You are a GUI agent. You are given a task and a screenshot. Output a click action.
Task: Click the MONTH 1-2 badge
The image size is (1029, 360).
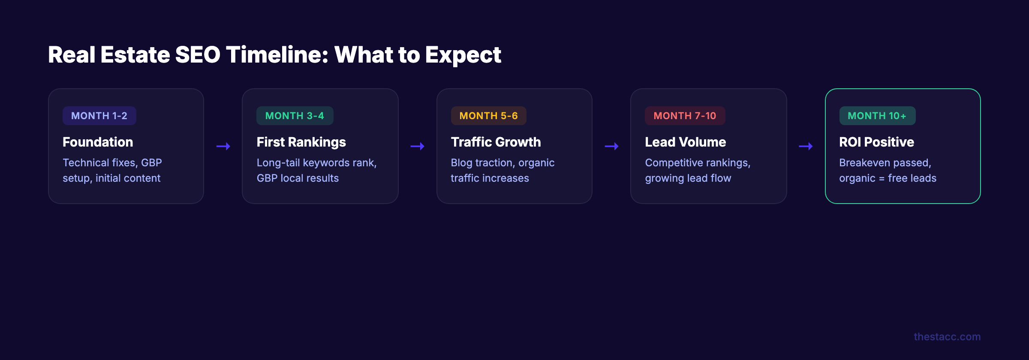99,116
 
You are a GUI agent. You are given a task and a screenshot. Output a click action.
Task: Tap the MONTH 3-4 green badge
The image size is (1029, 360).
295,116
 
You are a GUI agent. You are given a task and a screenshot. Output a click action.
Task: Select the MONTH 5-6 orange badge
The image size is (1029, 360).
488,116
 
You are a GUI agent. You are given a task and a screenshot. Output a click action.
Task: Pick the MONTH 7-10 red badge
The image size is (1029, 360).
685,116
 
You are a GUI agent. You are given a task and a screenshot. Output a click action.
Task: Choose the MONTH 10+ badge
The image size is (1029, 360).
877,116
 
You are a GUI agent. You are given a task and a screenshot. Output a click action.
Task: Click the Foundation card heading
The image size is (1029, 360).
98,142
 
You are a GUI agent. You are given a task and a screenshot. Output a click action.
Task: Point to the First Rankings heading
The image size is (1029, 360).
301,142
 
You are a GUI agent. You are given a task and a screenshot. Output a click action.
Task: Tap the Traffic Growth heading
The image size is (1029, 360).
496,142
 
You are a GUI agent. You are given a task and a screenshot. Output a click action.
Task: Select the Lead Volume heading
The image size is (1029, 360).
685,142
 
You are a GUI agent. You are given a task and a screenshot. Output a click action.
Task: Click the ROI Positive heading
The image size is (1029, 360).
876,142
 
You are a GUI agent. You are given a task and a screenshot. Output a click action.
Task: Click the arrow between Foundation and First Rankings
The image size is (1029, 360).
223,147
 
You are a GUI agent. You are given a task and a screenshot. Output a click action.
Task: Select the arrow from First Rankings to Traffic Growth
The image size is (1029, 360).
418,147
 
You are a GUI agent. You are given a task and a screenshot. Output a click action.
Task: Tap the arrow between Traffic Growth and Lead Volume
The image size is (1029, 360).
612,147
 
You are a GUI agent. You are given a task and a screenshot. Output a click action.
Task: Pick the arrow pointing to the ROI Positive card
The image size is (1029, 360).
806,147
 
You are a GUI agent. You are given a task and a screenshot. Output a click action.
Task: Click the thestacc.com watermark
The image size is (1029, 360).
947,337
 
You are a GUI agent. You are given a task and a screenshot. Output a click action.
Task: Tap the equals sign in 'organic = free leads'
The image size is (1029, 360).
882,179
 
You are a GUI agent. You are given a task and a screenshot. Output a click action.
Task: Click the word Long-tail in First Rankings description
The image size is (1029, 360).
278,163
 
